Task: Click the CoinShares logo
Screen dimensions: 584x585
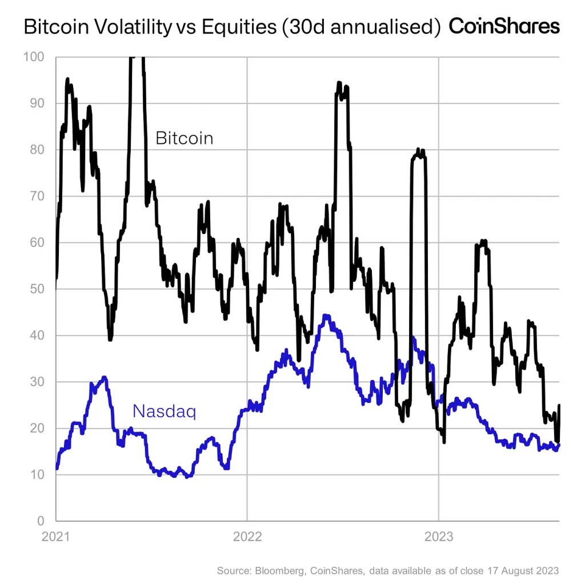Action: [x=504, y=26]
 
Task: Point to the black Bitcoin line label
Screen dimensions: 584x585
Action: [x=184, y=138]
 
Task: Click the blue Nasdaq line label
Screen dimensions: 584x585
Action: [x=164, y=411]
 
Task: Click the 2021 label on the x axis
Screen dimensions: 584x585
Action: [x=56, y=537]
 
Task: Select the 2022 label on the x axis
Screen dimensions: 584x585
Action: [x=247, y=537]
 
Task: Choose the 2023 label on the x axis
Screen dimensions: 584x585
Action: [x=438, y=537]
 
